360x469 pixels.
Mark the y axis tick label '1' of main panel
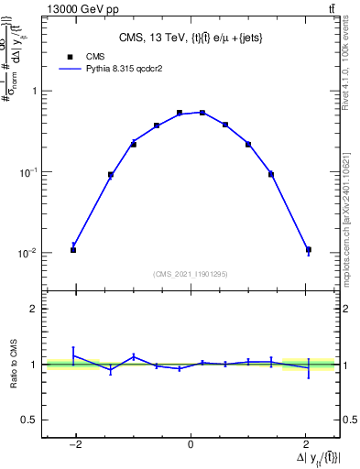(33, 92)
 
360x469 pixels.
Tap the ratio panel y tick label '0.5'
(28, 420)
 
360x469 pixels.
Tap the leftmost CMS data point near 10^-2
(73, 250)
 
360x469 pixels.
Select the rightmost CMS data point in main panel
(309, 250)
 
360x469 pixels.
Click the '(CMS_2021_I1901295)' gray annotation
(191, 274)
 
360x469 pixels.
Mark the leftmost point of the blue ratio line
(73, 355)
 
